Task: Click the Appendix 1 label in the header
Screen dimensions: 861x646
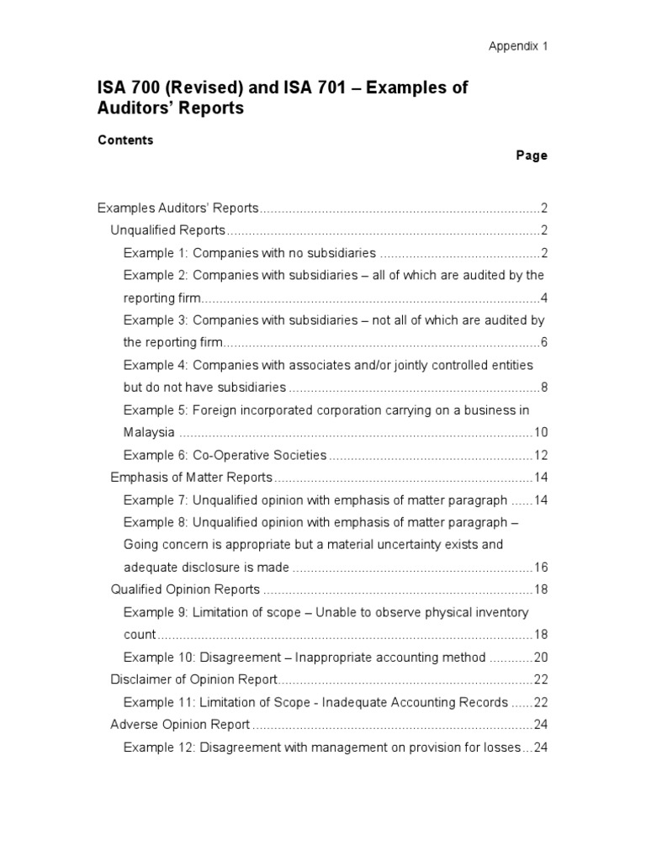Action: tap(518, 46)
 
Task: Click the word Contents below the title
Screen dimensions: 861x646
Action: tap(125, 140)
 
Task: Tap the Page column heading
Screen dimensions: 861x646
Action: tap(532, 156)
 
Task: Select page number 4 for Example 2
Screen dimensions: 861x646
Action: tap(544, 298)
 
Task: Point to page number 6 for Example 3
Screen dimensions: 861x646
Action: tap(544, 342)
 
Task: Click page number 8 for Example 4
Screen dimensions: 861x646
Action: tap(544, 388)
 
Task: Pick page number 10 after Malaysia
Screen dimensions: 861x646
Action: tap(541, 433)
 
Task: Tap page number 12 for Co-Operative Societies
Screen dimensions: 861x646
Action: tap(541, 455)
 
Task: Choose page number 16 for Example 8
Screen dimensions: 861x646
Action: tap(541, 567)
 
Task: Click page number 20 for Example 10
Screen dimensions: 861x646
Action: tap(541, 657)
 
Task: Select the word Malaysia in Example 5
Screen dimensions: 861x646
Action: tap(149, 433)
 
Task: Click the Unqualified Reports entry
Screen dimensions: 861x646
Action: tap(168, 230)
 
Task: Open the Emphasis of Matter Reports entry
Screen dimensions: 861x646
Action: tap(192, 478)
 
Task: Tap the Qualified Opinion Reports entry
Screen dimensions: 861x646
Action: tap(185, 589)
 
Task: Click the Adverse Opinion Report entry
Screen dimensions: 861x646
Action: tap(180, 724)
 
